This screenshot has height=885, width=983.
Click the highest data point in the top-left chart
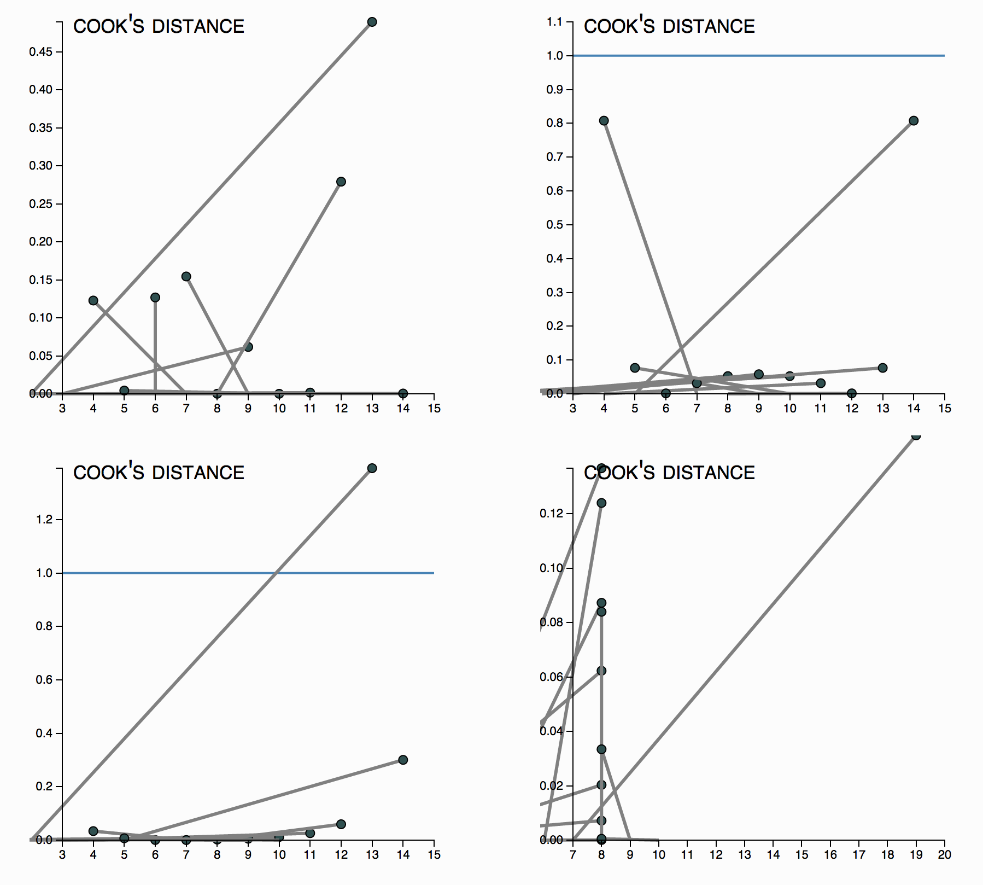pyautogui.click(x=372, y=22)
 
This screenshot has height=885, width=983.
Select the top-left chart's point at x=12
pyautogui.click(x=341, y=182)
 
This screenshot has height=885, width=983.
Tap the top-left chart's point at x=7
pyautogui.click(x=186, y=277)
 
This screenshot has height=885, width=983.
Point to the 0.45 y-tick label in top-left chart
pyautogui.click(x=41, y=52)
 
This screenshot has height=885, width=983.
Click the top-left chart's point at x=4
pyautogui.click(x=93, y=300)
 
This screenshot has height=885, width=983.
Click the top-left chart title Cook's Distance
pyautogui.click(x=159, y=26)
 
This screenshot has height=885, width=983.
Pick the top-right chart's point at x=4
pyautogui.click(x=604, y=121)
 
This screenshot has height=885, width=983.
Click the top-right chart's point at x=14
pyautogui.click(x=914, y=121)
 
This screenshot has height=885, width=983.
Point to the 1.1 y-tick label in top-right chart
pyautogui.click(x=554, y=22)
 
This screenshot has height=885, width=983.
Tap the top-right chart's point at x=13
pyautogui.click(x=882, y=368)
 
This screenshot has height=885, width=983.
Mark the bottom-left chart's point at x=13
pyautogui.click(x=372, y=468)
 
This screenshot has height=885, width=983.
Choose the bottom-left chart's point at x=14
pyautogui.click(x=403, y=760)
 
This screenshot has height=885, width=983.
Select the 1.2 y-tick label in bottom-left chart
pyautogui.click(x=44, y=520)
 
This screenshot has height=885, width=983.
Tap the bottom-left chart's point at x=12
pyautogui.click(x=341, y=824)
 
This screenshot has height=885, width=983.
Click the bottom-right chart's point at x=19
pyautogui.click(x=916, y=435)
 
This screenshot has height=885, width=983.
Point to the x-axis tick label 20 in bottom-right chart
pyautogui.click(x=945, y=855)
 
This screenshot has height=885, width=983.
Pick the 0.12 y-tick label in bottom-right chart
pyautogui.click(x=552, y=514)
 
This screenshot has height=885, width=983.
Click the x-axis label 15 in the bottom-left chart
pyautogui.click(x=434, y=855)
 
